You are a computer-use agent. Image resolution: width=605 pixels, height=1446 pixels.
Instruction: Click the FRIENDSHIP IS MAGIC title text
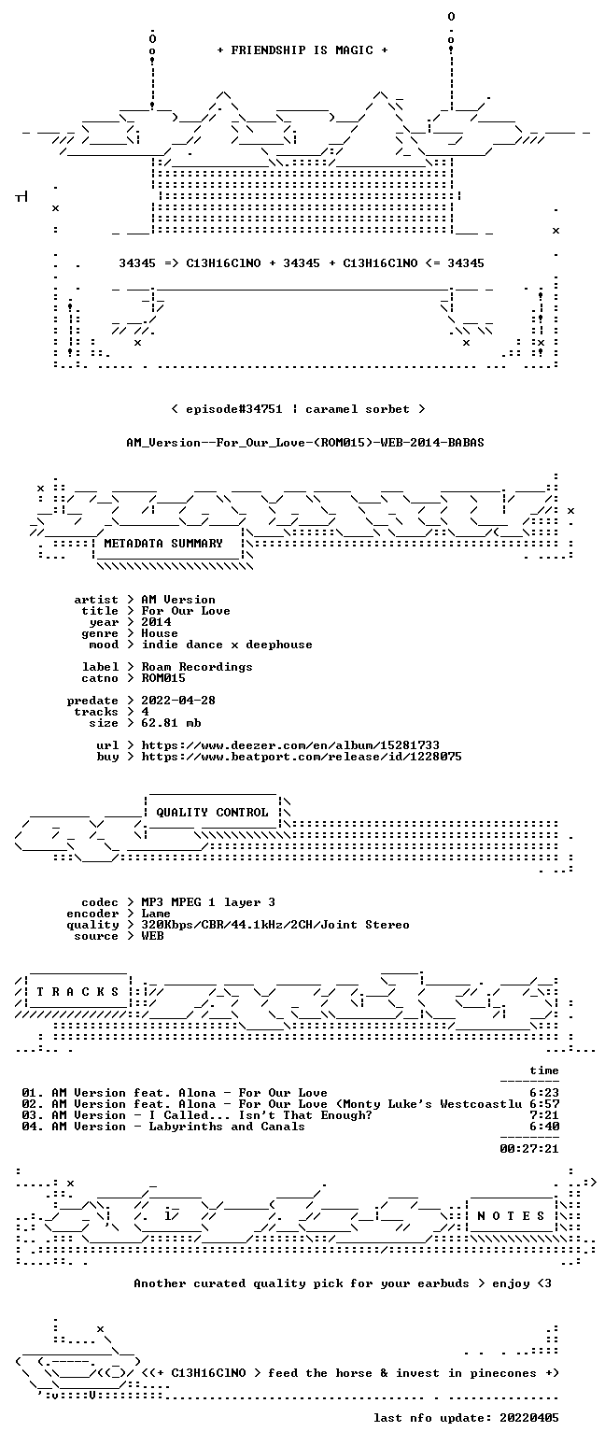[302, 50]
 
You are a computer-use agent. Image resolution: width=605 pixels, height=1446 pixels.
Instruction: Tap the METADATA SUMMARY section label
[163, 544]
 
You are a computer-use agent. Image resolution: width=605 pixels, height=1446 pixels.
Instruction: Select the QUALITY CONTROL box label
[212, 813]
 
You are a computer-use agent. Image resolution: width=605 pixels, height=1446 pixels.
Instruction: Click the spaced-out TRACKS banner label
[77, 992]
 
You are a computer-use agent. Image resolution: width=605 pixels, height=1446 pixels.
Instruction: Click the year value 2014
[156, 622]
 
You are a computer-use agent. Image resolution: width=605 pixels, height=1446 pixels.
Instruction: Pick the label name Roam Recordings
[197, 667]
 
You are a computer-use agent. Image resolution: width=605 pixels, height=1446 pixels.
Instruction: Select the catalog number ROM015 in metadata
[163, 678]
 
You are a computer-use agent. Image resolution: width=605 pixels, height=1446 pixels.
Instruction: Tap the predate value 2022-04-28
[178, 701]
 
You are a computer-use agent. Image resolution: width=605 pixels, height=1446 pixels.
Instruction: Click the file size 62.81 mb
[171, 723]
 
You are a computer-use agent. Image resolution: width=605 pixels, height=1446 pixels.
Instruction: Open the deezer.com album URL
[290, 745]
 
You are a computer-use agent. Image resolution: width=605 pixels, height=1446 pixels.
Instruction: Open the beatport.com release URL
[302, 757]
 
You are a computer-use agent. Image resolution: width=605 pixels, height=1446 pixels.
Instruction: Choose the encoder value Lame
[156, 914]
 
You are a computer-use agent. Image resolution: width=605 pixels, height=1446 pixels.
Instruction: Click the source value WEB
[152, 936]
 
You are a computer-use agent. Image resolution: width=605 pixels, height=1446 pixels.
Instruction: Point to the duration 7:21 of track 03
[544, 1115]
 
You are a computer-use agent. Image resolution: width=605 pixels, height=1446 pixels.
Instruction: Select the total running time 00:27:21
[528, 1149]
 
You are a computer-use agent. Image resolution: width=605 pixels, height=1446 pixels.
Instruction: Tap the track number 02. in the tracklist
[33, 1104]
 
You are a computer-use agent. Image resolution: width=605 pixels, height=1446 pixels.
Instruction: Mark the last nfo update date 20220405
[528, 1418]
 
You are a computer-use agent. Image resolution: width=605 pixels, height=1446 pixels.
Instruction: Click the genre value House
[160, 633]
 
